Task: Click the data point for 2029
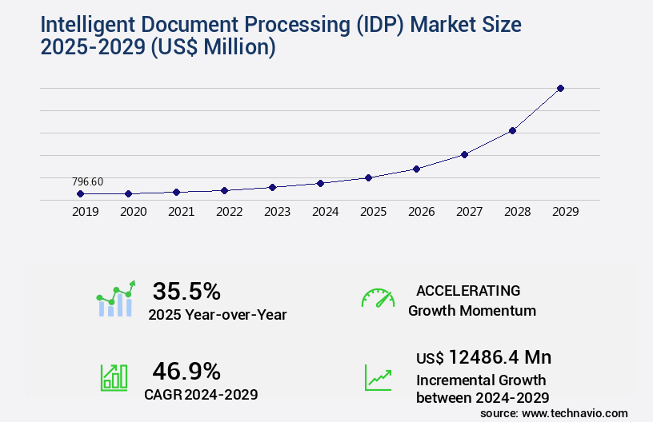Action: click(560, 88)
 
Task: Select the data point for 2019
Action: click(80, 193)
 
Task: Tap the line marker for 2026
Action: click(416, 169)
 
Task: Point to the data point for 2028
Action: click(512, 130)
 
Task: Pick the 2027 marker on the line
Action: click(464, 154)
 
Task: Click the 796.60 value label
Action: click(87, 181)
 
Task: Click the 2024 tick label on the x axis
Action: click(326, 212)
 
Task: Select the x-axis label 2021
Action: click(182, 212)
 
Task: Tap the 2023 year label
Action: click(278, 212)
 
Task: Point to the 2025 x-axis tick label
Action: click(374, 212)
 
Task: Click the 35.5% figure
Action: click(186, 291)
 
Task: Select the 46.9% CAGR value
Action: click(186, 371)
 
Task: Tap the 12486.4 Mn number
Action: click(499, 357)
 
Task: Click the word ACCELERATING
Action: click(468, 290)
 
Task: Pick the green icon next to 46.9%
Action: click(114, 377)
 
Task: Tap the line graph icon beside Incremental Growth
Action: click(378, 377)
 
